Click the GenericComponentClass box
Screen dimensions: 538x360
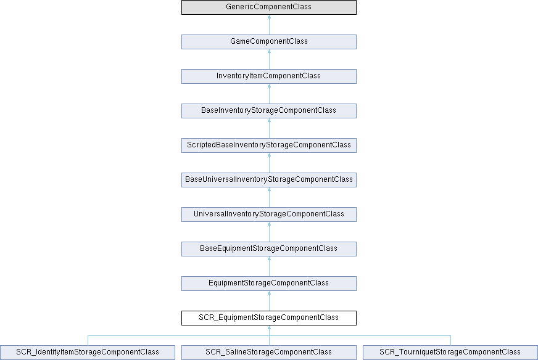tap(269, 7)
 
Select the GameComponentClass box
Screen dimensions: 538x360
tap(269, 42)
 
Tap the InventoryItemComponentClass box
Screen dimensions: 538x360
tap(269, 76)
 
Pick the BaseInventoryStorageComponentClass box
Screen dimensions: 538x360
tap(269, 111)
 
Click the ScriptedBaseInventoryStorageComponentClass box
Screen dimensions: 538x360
tap(269, 145)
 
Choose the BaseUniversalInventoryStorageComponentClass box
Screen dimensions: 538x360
tap(269, 179)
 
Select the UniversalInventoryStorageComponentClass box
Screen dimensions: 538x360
tap(269, 215)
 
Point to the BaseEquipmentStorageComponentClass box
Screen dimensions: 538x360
tap(269, 249)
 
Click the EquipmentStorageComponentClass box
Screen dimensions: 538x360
tap(269, 284)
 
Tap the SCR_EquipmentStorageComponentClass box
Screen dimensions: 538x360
tap(269, 318)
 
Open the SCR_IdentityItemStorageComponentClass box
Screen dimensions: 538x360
tap(88, 353)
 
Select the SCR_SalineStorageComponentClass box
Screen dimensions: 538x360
tap(269, 353)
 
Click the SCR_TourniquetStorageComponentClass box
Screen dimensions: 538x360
tap(450, 353)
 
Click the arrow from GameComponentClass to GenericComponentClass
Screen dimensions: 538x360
tap(270, 25)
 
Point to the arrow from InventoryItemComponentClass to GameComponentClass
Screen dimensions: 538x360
tap(270, 59)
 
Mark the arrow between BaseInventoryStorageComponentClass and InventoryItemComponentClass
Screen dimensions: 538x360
tap(270, 94)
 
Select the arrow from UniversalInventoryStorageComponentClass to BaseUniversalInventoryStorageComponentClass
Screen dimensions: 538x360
tap(270, 197)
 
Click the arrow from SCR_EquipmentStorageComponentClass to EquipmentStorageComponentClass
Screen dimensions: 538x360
tap(270, 301)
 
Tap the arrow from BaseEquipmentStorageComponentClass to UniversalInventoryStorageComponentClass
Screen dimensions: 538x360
tap(270, 232)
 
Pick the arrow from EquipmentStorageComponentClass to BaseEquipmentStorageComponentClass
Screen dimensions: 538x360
tap(270, 266)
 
